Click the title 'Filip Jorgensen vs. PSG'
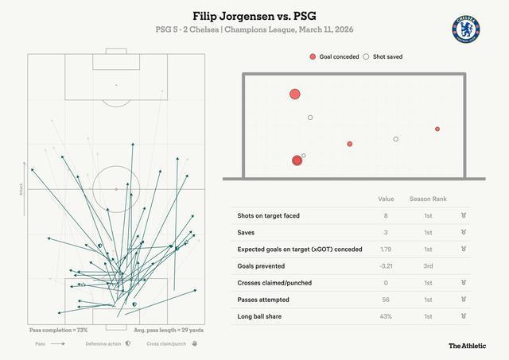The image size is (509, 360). pyautogui.click(x=254, y=15)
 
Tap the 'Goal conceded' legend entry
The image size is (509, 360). pyautogui.click(x=334, y=57)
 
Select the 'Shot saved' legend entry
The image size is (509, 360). pyautogui.click(x=383, y=57)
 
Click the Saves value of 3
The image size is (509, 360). pyautogui.click(x=386, y=232)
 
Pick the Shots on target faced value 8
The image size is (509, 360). pyautogui.click(x=386, y=215)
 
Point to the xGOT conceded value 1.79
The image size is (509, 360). pyautogui.click(x=386, y=250)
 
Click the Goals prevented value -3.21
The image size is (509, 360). pyautogui.click(x=386, y=266)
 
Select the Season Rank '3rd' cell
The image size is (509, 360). pyautogui.click(x=428, y=266)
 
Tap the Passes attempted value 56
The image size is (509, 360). pyautogui.click(x=386, y=300)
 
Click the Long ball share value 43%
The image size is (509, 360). pyautogui.click(x=386, y=316)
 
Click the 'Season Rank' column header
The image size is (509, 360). pyautogui.click(x=428, y=199)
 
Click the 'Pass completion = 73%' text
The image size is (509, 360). pyautogui.click(x=58, y=329)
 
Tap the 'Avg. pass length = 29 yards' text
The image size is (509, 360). pyautogui.click(x=168, y=329)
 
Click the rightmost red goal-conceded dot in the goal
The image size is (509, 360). pyautogui.click(x=437, y=129)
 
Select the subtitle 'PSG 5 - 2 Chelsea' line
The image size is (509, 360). pyautogui.click(x=254, y=29)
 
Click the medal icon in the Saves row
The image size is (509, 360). pyautogui.click(x=464, y=232)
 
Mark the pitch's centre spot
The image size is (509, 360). pyautogui.click(x=116, y=189)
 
